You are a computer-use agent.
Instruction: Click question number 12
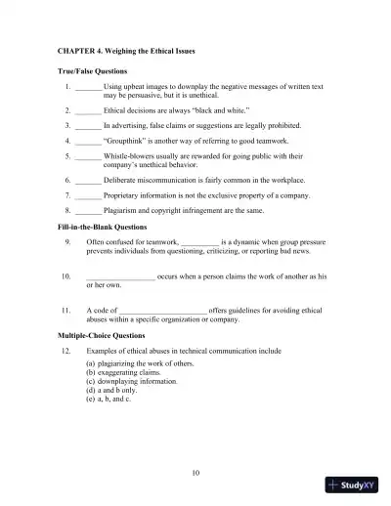click(65, 349)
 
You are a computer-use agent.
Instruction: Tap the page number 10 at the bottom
click(196, 473)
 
